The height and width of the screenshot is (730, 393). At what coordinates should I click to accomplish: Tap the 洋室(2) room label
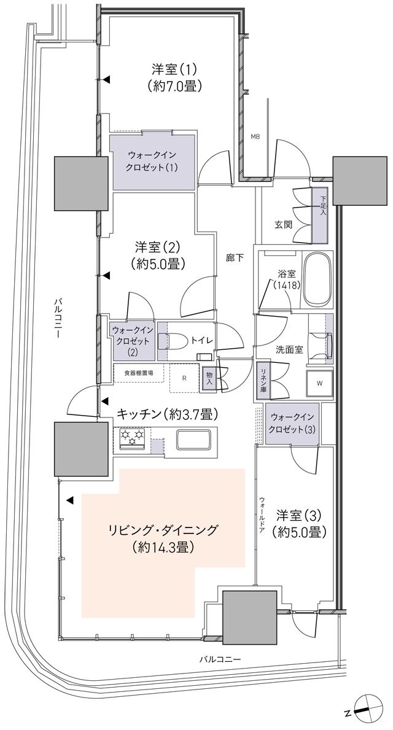[158, 255]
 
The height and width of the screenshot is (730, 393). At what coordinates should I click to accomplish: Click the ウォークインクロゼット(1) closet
[152, 161]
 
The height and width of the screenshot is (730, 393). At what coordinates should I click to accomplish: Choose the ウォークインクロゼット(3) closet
[292, 423]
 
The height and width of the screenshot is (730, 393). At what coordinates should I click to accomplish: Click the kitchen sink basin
[195, 440]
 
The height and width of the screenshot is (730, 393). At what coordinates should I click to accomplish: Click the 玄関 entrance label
[284, 224]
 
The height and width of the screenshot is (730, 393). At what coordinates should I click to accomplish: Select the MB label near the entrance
[254, 136]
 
